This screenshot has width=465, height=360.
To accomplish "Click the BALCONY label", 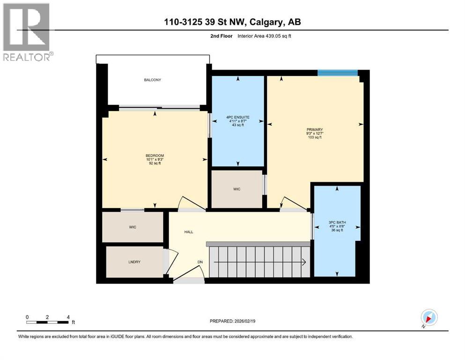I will point(152,80).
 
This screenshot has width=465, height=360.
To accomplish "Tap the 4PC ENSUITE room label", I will point(237,117).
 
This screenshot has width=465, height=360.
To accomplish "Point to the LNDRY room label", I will point(135,262).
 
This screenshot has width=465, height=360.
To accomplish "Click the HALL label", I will point(188,232).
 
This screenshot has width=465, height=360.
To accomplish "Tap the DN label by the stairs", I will point(199,262).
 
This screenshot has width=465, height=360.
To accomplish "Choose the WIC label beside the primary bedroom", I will point(237,189).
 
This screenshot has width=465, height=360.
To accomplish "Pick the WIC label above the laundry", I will point(133,227).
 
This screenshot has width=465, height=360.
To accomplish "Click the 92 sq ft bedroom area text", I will point(155,164).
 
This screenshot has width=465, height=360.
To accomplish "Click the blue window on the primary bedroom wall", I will point(337,72).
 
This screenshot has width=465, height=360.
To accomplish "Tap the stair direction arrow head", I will point(305,262).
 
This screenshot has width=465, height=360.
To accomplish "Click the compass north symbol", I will point(428,317).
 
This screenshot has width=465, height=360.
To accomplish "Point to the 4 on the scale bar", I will point(68,317).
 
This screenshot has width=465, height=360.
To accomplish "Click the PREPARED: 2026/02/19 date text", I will point(233,321).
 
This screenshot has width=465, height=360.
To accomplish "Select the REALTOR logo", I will point(27,32).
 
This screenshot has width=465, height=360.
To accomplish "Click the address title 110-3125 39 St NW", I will point(233,22).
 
